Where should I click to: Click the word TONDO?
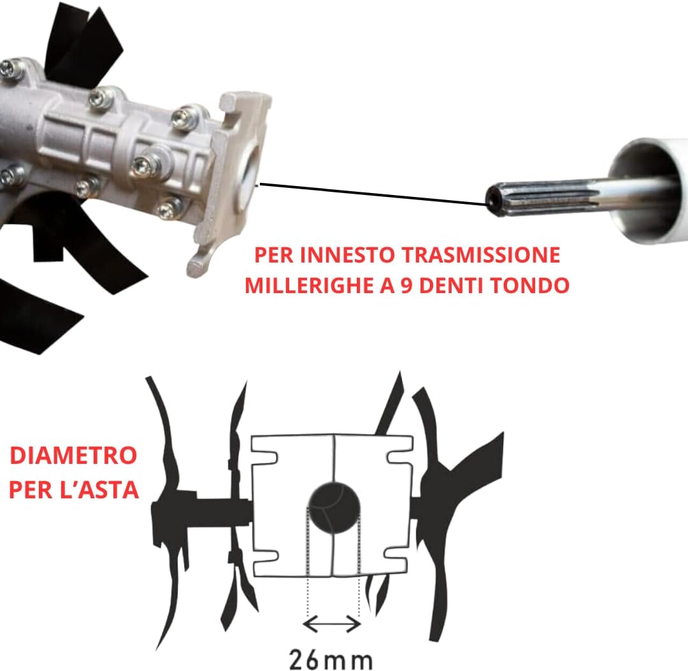pos(533,285)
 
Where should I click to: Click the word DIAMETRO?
pos(74,456)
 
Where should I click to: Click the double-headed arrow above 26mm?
pos(333,624)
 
